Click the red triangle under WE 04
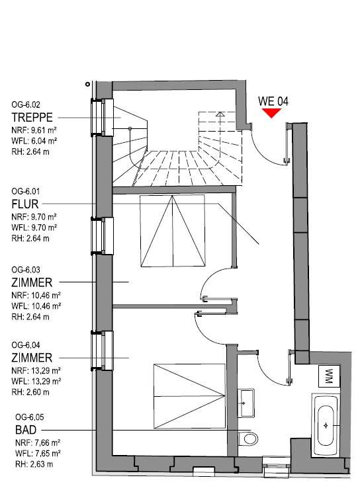click(x=271, y=112)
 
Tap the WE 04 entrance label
click(x=273, y=101)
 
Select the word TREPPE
click(x=32, y=117)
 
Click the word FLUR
click(x=25, y=204)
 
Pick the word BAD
click(x=26, y=430)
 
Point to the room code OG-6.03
click(x=26, y=270)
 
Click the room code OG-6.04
click(x=26, y=345)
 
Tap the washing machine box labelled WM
click(x=329, y=376)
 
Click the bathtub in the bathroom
click(x=326, y=425)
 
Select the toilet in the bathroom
click(x=248, y=438)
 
